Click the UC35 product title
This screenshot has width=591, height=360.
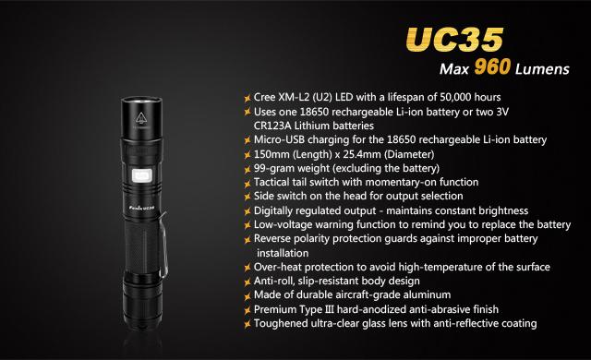click(x=454, y=39)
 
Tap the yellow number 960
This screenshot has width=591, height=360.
click(x=492, y=67)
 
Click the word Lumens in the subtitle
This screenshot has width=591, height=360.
click(x=542, y=69)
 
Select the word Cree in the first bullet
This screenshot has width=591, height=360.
click(x=265, y=97)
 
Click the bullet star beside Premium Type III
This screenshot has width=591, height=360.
click(x=247, y=310)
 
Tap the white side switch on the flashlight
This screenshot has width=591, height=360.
click(x=142, y=175)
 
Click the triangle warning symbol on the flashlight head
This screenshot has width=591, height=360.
click(x=140, y=118)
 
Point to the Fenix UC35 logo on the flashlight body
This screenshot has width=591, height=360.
click(x=142, y=208)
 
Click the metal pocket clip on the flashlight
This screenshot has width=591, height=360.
click(x=163, y=245)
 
